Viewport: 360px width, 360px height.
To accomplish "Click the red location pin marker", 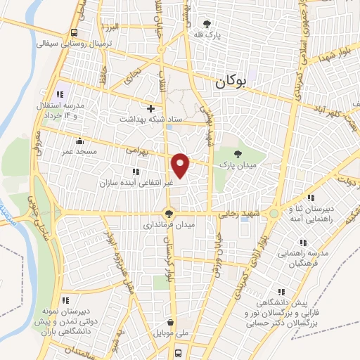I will tap(181, 164).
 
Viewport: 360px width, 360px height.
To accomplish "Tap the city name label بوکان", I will tap(229, 83).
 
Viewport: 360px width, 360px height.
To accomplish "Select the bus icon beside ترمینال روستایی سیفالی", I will tap(75, 32).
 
